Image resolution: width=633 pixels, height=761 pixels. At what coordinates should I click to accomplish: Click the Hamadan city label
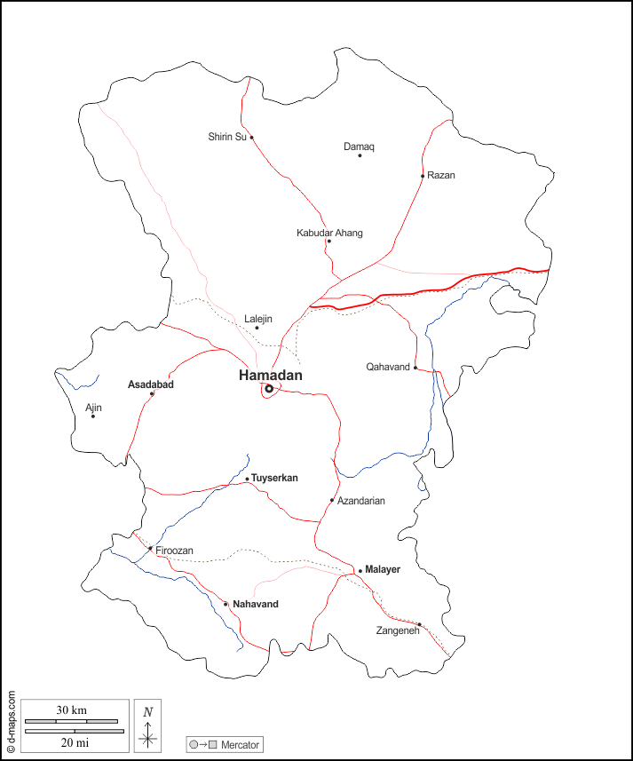click(270, 376)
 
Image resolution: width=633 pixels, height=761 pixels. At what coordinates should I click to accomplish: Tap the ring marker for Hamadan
click(268, 389)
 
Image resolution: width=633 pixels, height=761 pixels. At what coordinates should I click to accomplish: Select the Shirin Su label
click(226, 137)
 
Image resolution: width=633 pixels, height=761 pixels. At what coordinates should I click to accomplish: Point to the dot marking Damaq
click(360, 155)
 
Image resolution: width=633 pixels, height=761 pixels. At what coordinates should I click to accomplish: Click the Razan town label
click(440, 175)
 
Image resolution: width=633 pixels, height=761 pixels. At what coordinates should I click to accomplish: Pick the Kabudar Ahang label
click(329, 233)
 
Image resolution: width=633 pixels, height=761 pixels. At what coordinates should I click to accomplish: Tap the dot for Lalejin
click(257, 328)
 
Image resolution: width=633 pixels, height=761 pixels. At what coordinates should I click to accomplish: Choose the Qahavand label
click(388, 367)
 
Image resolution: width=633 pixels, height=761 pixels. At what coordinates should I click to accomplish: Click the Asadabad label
click(151, 384)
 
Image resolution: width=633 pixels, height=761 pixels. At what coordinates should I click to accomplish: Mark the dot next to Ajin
click(93, 416)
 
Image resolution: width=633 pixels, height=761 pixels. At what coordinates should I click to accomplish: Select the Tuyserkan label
click(274, 478)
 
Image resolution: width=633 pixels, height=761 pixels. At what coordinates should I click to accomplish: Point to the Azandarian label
click(361, 501)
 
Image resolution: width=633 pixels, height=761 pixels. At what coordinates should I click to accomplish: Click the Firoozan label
click(174, 551)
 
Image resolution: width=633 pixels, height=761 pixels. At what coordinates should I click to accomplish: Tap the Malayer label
click(383, 569)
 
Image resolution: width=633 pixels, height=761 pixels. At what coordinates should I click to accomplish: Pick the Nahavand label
click(256, 604)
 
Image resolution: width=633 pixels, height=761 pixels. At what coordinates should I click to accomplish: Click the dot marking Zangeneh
click(419, 624)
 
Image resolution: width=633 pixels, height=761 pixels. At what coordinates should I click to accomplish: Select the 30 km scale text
click(71, 709)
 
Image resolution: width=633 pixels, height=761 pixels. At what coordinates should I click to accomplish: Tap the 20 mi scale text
click(71, 741)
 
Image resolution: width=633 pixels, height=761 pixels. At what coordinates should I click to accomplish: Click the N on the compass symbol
click(148, 711)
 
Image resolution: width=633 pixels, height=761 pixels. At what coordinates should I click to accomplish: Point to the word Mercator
click(240, 744)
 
